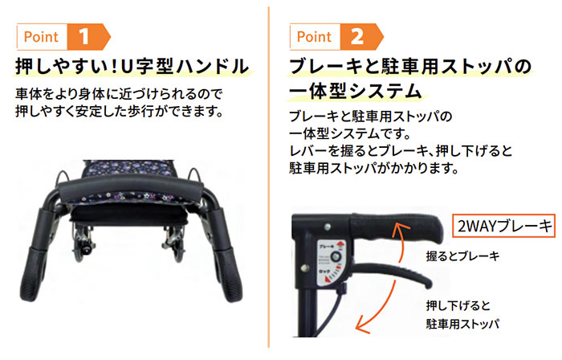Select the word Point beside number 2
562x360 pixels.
tap(314, 36)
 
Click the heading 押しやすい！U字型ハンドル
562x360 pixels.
tap(132, 65)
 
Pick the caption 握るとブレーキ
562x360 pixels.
tap(462, 256)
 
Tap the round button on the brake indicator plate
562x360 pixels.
tap(334, 257)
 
